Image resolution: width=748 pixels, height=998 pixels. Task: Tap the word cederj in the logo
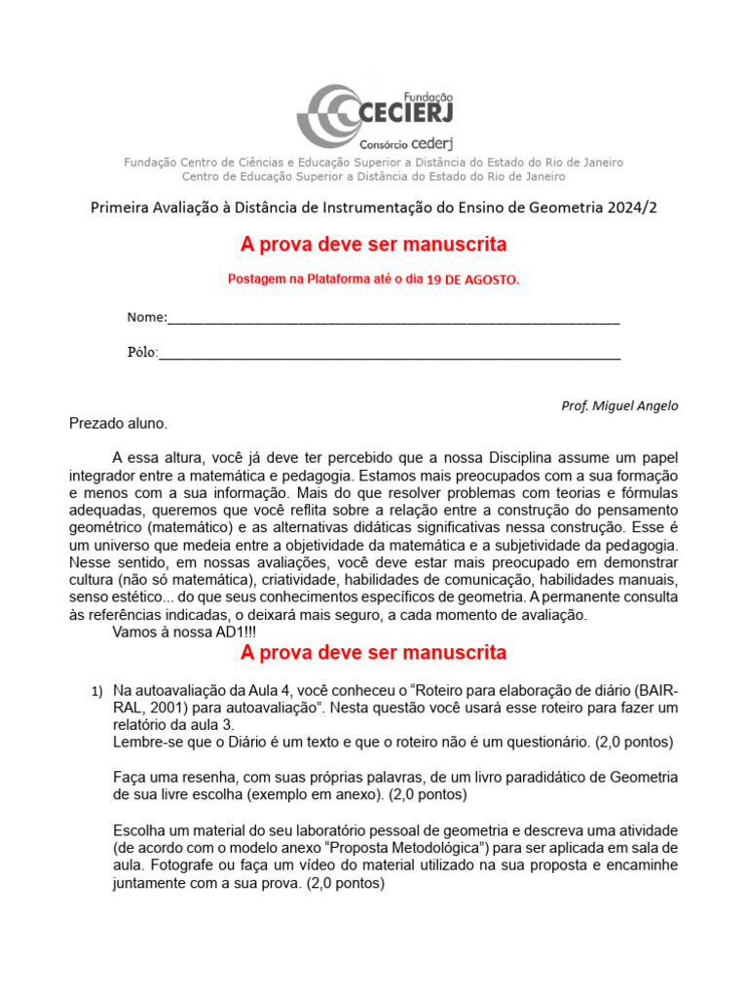[430, 143]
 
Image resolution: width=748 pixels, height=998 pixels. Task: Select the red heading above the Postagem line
[373, 244]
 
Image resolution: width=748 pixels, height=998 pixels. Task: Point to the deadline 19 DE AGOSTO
[473, 280]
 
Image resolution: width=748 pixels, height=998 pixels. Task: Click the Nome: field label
[147, 318]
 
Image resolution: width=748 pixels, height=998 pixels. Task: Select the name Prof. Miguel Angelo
[619, 405]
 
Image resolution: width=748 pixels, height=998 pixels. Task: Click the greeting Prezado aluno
[118, 423]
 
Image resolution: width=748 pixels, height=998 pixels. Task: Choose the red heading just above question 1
[373, 652]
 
